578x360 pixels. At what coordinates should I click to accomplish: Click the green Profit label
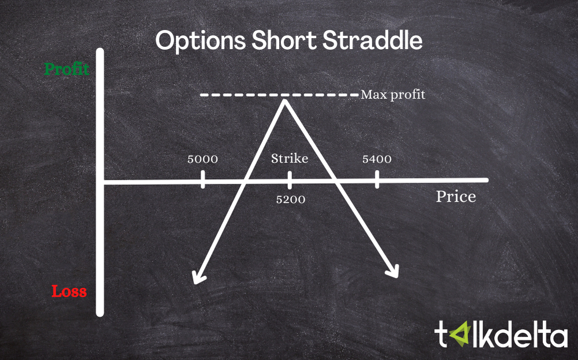pos(67,69)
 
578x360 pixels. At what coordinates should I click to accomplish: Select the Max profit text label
pos(393,95)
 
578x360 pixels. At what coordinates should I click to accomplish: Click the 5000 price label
pos(202,159)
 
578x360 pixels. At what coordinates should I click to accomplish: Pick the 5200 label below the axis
pos(290,200)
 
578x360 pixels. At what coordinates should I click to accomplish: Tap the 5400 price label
pos(377,159)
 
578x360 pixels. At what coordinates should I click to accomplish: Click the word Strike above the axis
pos(290,158)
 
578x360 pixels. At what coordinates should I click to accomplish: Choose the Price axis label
pos(456,196)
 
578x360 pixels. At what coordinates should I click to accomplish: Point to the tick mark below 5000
pos(203,179)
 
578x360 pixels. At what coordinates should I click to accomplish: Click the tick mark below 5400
pos(377,179)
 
